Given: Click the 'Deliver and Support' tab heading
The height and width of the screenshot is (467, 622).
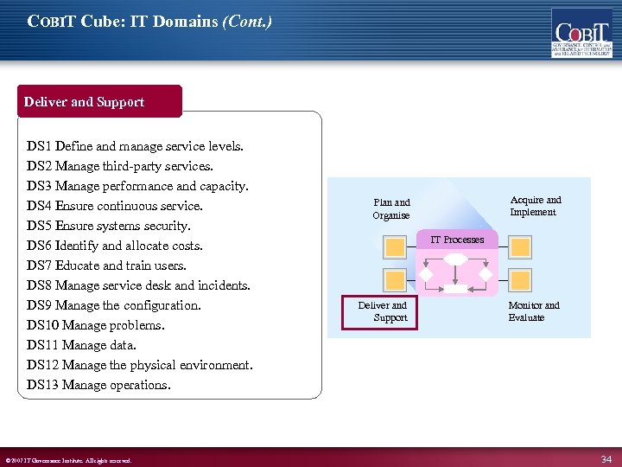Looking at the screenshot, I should point(85,102).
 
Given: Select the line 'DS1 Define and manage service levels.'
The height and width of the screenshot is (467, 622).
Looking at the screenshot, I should point(136,147).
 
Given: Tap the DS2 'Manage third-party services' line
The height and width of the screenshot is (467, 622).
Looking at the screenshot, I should point(120,167).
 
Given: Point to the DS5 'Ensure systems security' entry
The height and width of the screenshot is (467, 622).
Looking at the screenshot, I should point(109,227).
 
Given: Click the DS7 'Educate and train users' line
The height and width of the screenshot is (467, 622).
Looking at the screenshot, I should point(106,266).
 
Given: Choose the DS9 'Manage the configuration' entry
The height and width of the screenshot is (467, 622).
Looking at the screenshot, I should point(114,305).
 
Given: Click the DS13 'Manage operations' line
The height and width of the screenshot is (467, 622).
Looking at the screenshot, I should point(98,385).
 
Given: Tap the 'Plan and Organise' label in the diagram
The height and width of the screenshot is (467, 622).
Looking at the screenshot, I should point(391,209).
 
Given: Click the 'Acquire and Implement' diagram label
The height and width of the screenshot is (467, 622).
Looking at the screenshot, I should point(535,206).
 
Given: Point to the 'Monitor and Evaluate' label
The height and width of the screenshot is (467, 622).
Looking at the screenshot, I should point(533,311).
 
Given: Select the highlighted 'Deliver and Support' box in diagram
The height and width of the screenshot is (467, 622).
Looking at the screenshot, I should point(382,312).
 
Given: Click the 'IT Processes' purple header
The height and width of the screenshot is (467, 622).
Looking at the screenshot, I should point(457,240).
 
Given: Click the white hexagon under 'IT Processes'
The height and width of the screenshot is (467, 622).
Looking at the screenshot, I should point(455,259).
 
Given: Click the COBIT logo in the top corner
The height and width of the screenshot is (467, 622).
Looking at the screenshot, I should point(581,33).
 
